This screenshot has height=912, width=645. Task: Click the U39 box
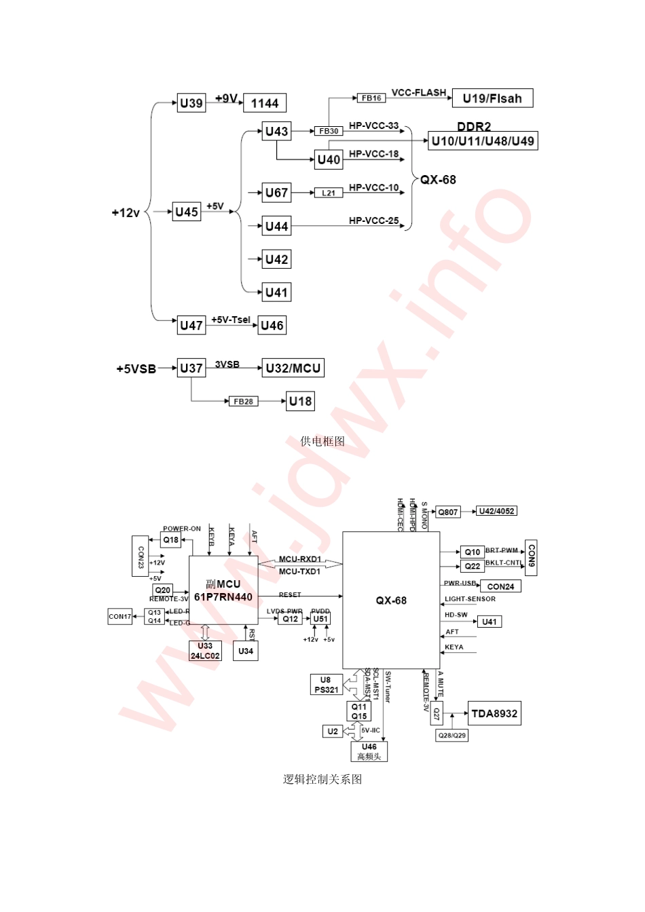[x=191, y=103]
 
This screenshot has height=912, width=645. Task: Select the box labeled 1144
[x=265, y=103]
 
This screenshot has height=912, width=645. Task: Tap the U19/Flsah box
[x=492, y=98]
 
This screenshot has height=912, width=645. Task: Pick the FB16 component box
[x=371, y=98]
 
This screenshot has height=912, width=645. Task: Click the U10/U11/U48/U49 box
[x=483, y=141]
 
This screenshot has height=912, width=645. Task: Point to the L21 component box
[x=329, y=193]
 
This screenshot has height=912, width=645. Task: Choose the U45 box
[x=187, y=212]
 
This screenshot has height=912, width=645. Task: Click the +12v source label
[x=126, y=213]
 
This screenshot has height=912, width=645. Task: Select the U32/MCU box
[x=293, y=368]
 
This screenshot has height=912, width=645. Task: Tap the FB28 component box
[x=243, y=401]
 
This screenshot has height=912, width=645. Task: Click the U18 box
[x=300, y=401]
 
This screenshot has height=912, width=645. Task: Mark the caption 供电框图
[x=322, y=441]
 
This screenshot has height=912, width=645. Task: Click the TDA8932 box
[x=494, y=713]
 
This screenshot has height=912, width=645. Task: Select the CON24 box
[x=500, y=586]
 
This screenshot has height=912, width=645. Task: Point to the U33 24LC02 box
[x=205, y=651]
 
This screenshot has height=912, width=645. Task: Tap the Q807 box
[x=448, y=512]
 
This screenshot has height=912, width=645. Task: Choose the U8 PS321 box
[x=327, y=685]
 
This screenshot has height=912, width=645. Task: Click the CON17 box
[x=120, y=616]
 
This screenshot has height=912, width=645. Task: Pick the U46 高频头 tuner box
[x=369, y=751]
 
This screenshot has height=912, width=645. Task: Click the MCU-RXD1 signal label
[x=300, y=559]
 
